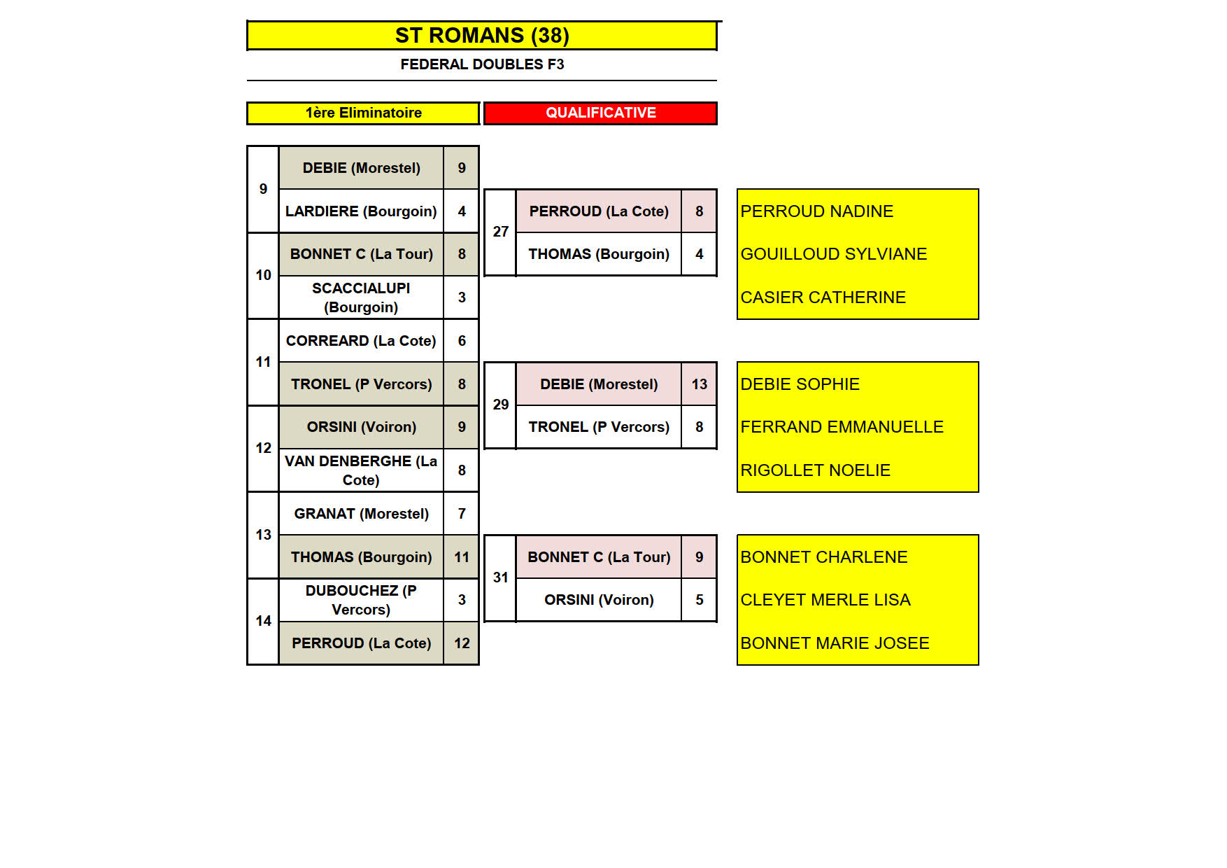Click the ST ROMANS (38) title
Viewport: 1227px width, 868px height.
tap(481, 35)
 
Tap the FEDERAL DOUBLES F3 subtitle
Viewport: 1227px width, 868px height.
tap(481, 64)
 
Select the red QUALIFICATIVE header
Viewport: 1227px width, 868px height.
tap(600, 113)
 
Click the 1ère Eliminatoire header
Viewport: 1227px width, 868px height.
tap(363, 113)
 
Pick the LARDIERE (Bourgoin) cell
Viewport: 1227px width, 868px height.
tap(361, 211)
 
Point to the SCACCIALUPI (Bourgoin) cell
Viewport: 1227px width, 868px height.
tap(361, 297)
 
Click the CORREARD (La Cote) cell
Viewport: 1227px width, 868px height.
tap(361, 341)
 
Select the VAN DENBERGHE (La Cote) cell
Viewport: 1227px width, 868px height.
tap(361, 470)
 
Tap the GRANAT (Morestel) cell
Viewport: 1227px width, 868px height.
tap(361, 514)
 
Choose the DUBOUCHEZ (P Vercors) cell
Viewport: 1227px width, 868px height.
tap(361, 600)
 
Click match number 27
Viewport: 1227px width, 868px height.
tap(500, 232)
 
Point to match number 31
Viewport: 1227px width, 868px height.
tap(500, 577)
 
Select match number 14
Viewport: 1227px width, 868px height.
tap(263, 621)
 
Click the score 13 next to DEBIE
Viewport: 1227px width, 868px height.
tap(699, 384)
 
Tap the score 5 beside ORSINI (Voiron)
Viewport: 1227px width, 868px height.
tap(699, 600)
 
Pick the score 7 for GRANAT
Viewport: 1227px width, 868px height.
tap(462, 514)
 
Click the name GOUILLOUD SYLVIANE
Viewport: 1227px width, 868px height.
tap(833, 254)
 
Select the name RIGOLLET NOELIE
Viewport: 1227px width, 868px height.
tap(815, 470)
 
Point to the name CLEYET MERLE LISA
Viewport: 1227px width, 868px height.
tap(825, 600)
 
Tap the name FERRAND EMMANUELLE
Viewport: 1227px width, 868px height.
tap(842, 427)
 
